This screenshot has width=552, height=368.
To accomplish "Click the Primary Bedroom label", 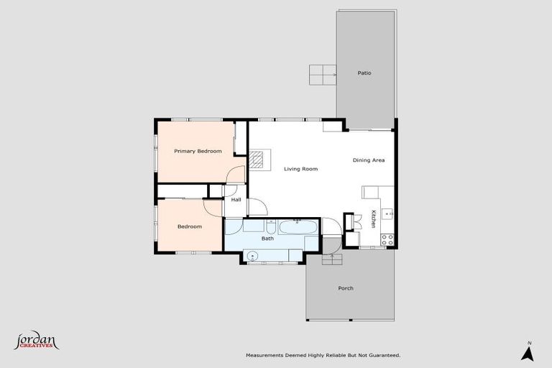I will point(198,151).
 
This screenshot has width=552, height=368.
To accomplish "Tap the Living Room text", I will point(300,169).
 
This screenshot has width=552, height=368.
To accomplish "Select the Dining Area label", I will point(369,160).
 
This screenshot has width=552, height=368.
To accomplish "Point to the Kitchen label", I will point(374,218).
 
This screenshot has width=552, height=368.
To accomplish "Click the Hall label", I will point(236,200).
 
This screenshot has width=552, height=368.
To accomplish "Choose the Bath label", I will point(267,238).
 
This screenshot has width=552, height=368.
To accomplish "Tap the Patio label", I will point(364,73).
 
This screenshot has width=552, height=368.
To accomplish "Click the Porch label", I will point(346,288).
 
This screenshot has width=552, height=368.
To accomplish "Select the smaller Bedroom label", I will point(190,226).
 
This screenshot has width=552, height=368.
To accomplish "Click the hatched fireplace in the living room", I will point(258,160).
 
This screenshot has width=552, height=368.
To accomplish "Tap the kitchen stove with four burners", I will point(387,239).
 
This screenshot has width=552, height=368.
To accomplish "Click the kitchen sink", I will point(387,213).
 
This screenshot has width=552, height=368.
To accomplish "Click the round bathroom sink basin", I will point(252,255).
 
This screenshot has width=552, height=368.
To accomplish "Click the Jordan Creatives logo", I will point(36,341).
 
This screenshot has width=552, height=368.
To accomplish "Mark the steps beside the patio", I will point(323,73).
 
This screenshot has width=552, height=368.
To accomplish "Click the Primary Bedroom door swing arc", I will point(234,175).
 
